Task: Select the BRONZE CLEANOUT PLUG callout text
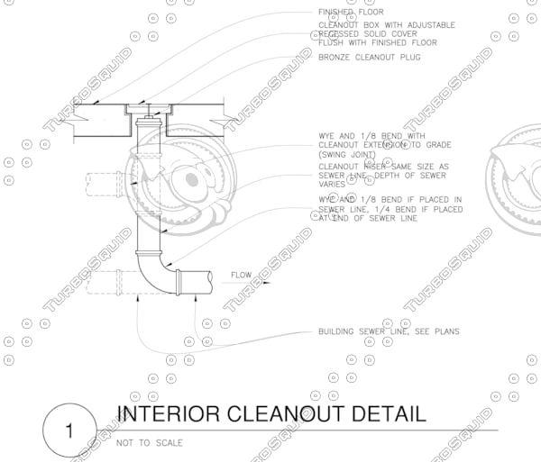370,58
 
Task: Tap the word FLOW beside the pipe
241,275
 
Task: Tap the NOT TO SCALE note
149,442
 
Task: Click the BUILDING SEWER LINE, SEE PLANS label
389,331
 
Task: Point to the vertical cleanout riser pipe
148,189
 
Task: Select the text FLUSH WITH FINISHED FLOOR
377,42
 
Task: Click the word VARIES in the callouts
333,184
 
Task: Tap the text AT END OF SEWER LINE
368,219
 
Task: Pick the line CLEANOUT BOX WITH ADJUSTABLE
386,24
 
